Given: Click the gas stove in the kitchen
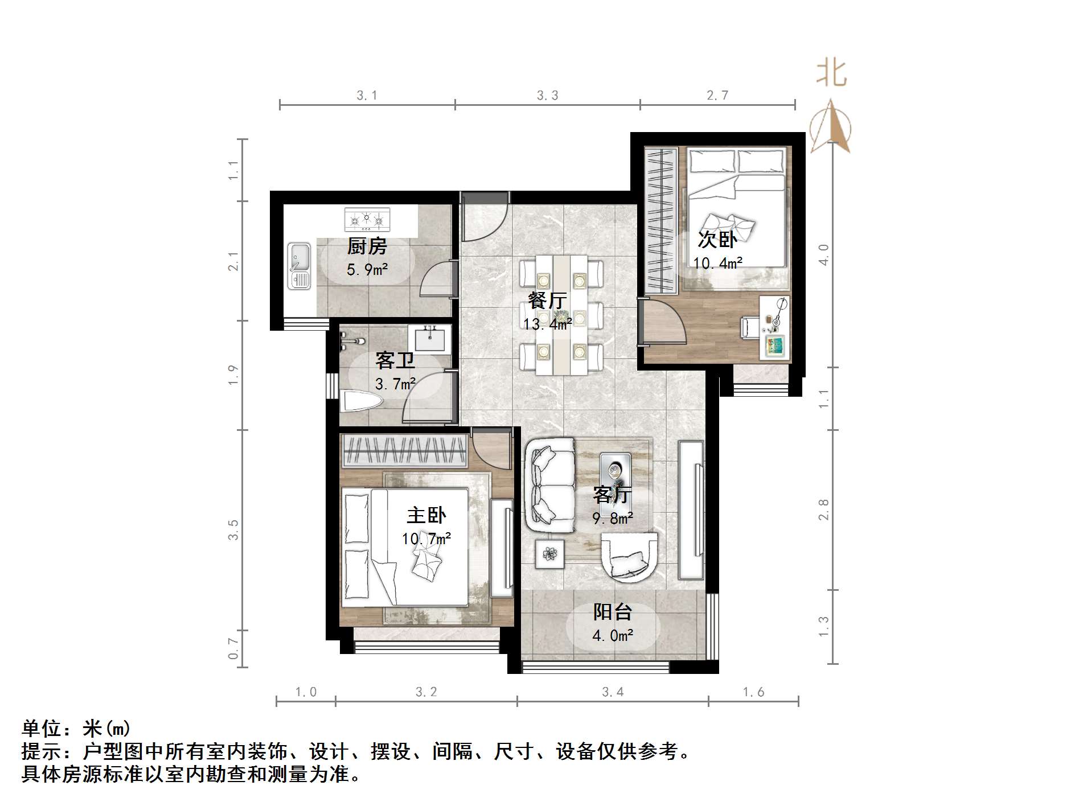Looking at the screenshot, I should coord(367,219).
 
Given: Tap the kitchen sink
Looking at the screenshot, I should coord(299,265).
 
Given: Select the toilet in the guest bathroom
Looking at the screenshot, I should coord(360,401).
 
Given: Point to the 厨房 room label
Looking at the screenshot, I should coord(367,246).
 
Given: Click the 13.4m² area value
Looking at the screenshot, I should coord(547,324).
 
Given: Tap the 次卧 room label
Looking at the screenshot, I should coord(717,240).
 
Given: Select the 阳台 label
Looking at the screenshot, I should coord(613,612).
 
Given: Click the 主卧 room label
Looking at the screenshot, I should coord(426,515).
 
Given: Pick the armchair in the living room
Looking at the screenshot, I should coord(629,556).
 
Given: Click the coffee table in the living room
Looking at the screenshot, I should coord(615,470).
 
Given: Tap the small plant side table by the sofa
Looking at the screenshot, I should coord(549,552).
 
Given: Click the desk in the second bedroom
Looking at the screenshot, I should coord(775,328).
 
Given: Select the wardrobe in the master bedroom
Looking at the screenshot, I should coord(404,451).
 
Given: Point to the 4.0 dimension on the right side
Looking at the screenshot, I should coord(823,254).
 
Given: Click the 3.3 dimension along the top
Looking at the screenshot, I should coord(547,96).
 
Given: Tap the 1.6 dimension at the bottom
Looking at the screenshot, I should coord(753,692).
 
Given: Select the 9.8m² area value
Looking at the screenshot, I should coord(613,519).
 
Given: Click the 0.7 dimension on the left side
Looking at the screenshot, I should coord(233,648).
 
